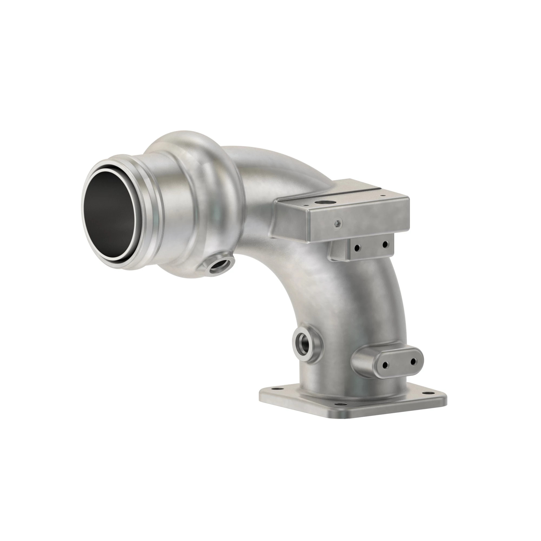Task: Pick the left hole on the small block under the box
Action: [358, 248]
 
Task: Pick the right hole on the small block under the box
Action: [385, 245]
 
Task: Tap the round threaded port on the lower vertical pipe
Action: [303, 342]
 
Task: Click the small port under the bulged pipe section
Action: [220, 263]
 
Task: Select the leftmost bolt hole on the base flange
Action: [273, 390]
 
